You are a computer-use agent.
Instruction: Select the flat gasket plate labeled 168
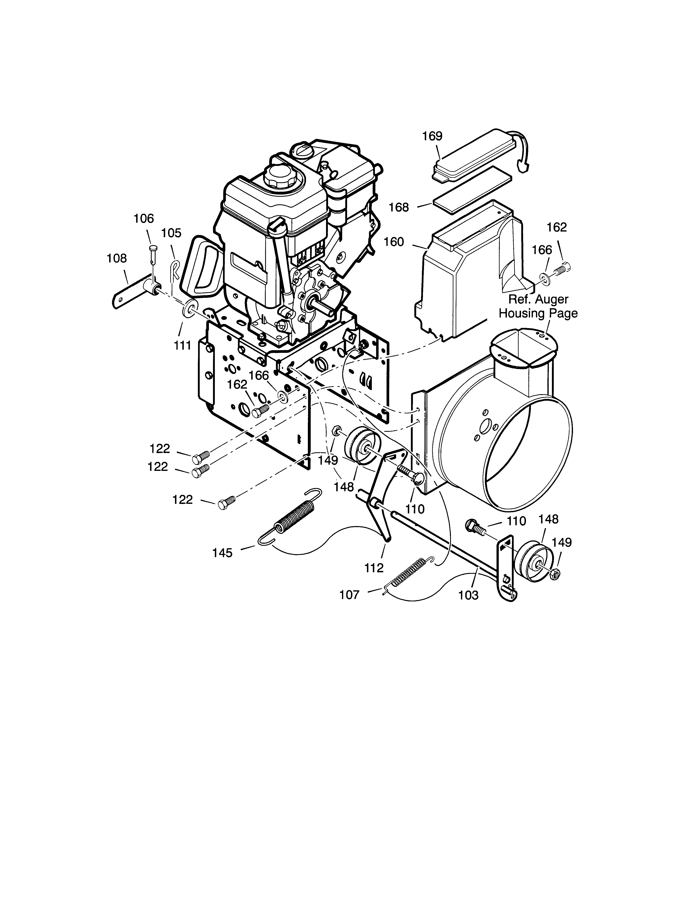pos(472,191)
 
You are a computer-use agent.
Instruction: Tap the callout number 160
pos(394,242)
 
